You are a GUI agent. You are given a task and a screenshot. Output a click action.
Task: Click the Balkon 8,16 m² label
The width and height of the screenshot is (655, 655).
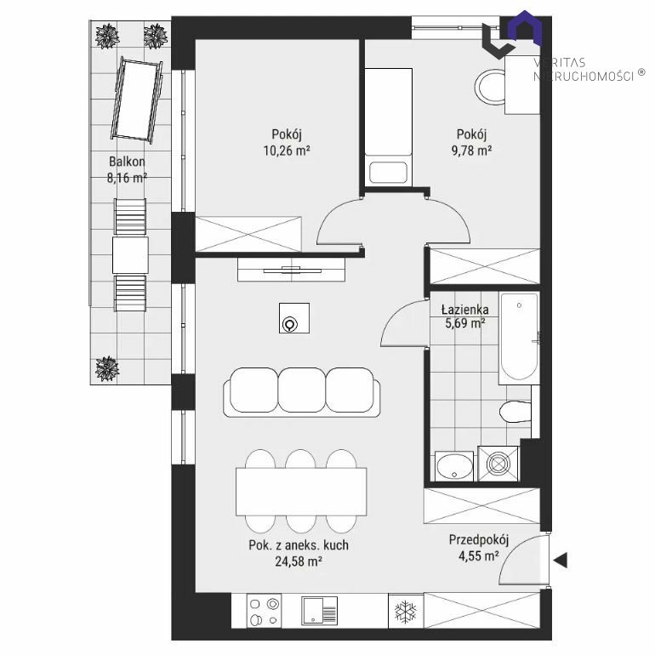point(127,169)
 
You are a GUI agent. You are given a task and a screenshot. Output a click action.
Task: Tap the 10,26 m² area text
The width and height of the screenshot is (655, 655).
point(287,151)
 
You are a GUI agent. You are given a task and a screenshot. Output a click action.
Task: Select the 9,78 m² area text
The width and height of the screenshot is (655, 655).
point(471,151)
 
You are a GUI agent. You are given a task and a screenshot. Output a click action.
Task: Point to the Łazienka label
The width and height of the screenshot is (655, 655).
point(465,310)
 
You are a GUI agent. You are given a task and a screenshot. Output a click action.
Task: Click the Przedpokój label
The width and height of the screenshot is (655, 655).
point(479,539)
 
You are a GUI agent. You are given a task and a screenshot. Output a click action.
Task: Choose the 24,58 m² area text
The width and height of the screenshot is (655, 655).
point(299,561)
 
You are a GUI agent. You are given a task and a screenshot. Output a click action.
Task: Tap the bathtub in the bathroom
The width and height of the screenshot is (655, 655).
point(519,338)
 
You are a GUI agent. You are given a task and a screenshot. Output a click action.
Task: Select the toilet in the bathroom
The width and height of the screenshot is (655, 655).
point(515,412)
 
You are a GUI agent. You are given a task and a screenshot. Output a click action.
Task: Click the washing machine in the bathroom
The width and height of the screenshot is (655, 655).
point(498,464)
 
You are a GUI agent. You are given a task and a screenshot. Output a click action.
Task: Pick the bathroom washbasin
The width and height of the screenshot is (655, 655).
point(454,466)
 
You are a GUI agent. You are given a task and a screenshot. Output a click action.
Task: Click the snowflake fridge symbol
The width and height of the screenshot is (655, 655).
point(406,611)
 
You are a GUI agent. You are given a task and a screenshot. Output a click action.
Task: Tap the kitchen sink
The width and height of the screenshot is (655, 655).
point(319,611)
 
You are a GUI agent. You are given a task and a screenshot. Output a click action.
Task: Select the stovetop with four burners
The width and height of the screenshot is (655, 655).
point(264,611)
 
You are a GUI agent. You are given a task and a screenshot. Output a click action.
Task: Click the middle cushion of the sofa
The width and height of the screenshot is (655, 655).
point(302,390)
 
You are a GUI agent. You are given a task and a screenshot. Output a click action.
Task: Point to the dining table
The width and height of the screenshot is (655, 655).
point(301,492)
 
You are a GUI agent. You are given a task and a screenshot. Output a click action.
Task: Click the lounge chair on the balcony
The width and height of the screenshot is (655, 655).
point(136,100)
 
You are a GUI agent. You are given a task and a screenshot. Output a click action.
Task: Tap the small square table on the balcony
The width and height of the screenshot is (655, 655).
point(130,255)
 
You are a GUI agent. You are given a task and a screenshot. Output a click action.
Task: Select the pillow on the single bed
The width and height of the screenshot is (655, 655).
point(388,173)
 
